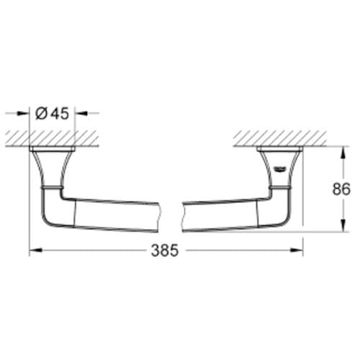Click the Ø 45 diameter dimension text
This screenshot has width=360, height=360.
pos(52,112)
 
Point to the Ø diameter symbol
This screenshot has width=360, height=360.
pos(42,112)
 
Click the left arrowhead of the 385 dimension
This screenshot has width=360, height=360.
pos(32,251)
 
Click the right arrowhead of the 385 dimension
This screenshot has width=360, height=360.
pos(300,251)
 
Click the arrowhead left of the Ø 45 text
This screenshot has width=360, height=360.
pos(28,112)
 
